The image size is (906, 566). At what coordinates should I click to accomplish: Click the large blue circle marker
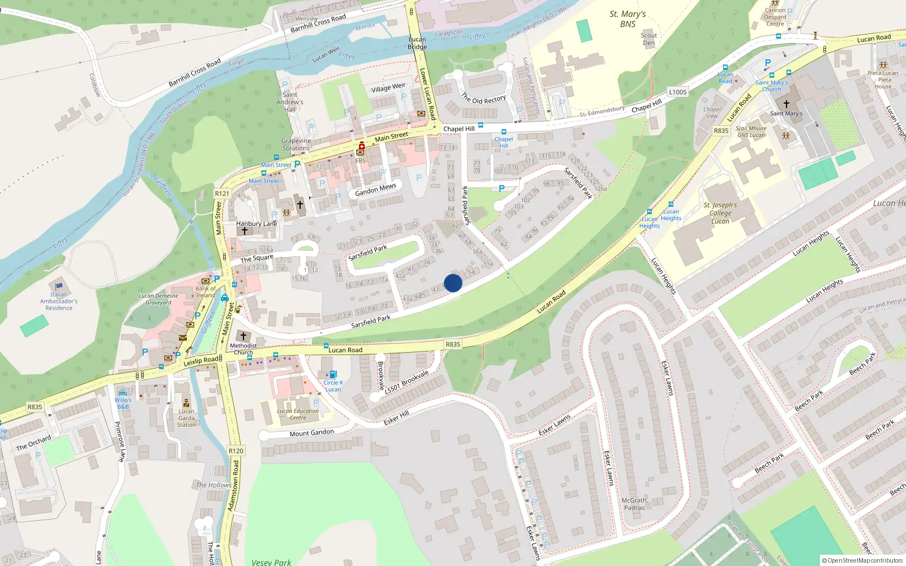coord(453,283)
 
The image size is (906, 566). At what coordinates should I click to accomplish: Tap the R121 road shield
coord(222,194)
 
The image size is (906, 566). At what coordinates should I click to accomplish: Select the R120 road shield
coord(236,451)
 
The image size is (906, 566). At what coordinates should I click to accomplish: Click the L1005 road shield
coord(678,92)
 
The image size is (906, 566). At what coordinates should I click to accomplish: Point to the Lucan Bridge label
coord(417,43)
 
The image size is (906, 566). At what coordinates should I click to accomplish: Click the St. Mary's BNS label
coord(627,19)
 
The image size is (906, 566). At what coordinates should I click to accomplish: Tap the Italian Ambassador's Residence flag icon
coord(59,286)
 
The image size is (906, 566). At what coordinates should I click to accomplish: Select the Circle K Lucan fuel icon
coord(333,374)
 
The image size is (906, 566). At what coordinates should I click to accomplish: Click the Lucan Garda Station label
coord(186,418)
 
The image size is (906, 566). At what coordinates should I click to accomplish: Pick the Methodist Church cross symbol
coord(243,336)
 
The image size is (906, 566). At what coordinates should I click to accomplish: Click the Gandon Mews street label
coord(375,190)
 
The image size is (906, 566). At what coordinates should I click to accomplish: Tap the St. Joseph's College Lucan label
coord(720,213)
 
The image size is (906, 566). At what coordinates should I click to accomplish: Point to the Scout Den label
coord(649,39)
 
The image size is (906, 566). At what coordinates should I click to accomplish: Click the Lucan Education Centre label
coord(298,414)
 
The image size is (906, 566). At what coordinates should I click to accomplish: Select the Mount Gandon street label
coord(311,433)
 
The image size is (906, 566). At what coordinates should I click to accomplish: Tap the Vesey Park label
coord(271,562)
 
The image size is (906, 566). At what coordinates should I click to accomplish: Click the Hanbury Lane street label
coord(257,224)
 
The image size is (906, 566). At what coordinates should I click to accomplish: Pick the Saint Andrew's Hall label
coord(290,102)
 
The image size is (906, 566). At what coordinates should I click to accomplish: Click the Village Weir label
coord(388,88)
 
